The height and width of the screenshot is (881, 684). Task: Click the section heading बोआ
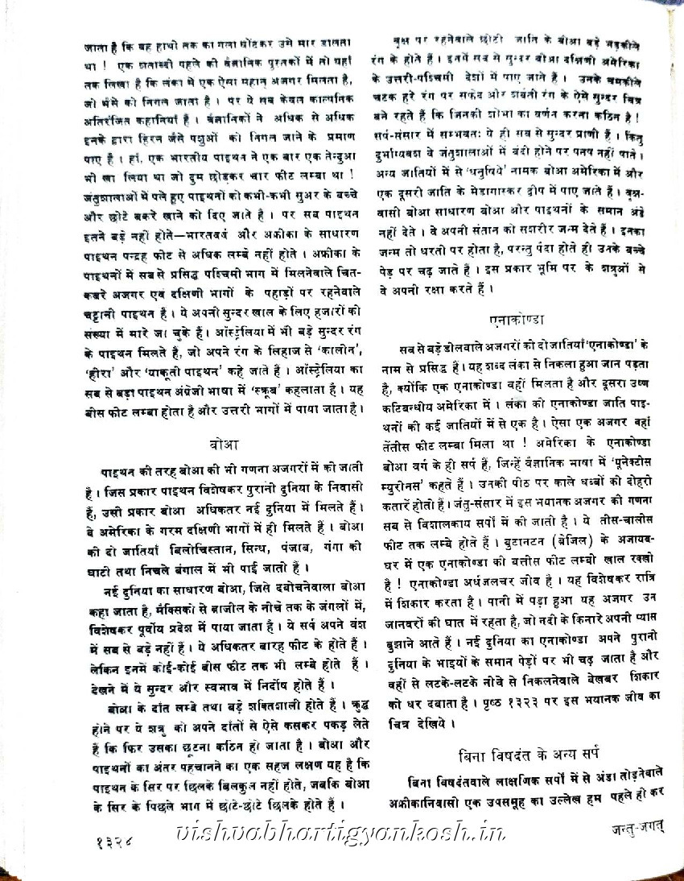(x=221, y=445)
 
